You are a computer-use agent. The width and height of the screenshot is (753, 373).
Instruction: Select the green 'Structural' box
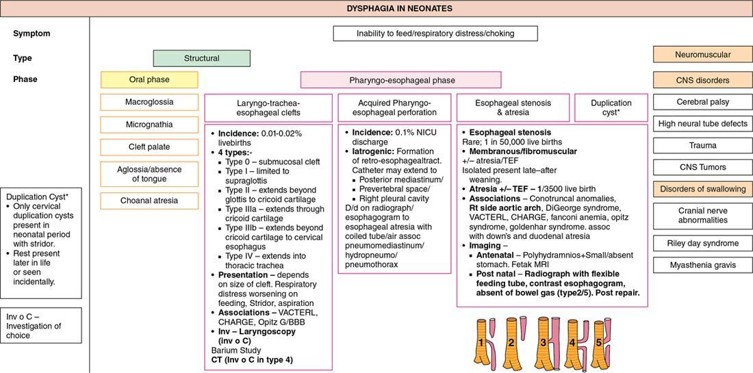tap(201, 58)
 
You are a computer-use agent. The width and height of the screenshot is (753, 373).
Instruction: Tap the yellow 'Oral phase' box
tap(149, 80)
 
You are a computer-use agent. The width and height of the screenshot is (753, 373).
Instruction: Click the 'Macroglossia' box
tap(149, 102)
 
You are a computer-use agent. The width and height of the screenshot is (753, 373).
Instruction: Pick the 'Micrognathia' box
tap(149, 125)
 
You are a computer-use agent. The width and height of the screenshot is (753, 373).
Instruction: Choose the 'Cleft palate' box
tap(149, 147)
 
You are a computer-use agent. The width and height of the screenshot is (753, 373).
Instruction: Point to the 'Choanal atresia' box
tap(149, 201)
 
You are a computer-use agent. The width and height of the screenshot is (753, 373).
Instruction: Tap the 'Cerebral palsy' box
tap(702, 102)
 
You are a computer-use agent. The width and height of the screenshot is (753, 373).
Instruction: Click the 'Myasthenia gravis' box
tap(702, 265)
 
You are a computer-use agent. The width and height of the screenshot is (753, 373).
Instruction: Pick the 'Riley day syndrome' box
tap(702, 243)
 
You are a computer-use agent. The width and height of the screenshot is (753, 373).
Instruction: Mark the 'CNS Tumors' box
tap(702, 167)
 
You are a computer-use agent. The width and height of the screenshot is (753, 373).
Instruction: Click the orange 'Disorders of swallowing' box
tap(702, 190)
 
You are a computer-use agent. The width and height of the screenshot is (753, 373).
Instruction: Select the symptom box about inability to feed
tap(435, 34)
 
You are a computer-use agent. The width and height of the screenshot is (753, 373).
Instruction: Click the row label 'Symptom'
tap(31, 34)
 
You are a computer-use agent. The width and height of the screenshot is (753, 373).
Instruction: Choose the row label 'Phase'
tap(25, 79)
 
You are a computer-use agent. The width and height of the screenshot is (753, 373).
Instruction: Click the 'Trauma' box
tap(702, 145)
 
